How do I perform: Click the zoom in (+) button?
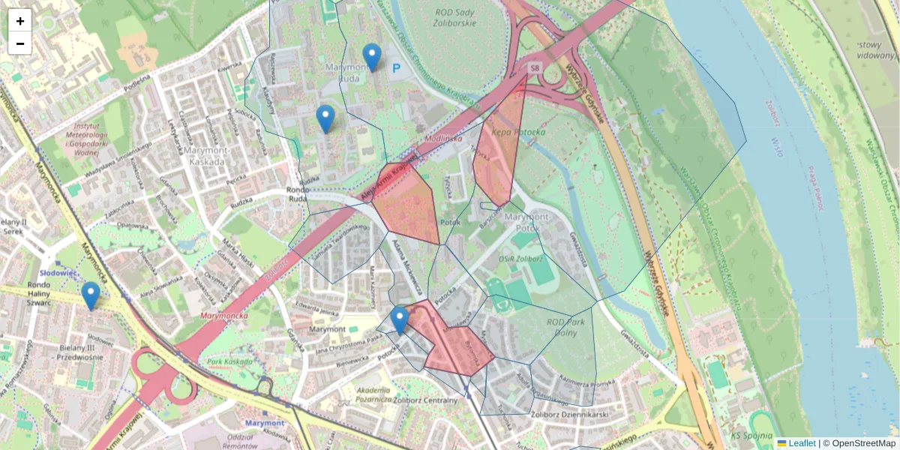[x=20, y=21]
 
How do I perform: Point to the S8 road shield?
[x=534, y=68]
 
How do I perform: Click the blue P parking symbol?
[x=397, y=68]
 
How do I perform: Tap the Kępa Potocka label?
[x=518, y=132]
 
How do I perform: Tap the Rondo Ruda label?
[x=297, y=195]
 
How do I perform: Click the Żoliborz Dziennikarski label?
[x=567, y=413]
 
